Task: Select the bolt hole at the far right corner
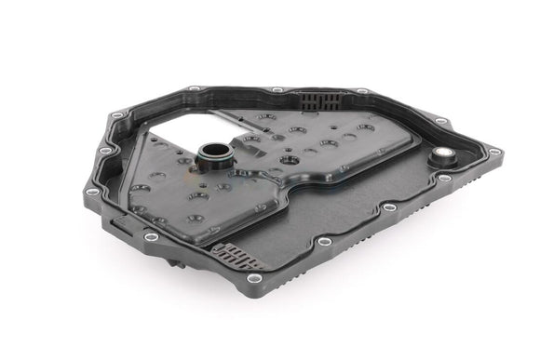click(x=494, y=152)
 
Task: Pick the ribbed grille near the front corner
click(x=240, y=253)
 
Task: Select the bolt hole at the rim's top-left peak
click(x=192, y=89)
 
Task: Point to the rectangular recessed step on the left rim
click(x=125, y=223)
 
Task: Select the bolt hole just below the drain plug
click(x=445, y=177)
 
